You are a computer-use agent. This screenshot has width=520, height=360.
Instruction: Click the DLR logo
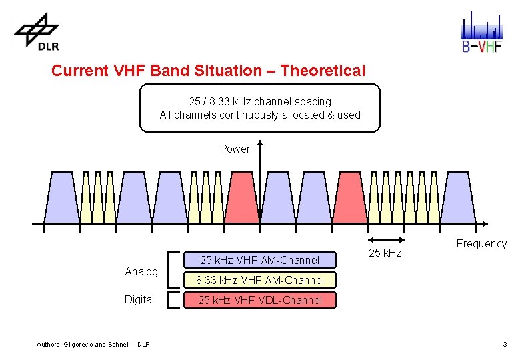[38, 30]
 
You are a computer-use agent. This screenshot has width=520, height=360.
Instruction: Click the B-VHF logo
[481, 31]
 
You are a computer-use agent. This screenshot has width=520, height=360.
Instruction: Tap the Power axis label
[235, 149]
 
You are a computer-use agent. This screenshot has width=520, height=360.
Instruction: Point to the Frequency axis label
[481, 243]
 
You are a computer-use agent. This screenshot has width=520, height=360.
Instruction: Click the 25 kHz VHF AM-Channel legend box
[260, 260]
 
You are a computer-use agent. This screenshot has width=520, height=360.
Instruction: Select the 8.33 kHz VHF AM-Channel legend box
[260, 280]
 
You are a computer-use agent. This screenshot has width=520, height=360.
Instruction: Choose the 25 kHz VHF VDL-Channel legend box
[260, 300]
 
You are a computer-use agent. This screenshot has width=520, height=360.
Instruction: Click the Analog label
[141, 271]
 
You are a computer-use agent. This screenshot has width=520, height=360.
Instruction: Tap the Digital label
[139, 299]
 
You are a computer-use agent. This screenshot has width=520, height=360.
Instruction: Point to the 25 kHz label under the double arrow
[385, 253]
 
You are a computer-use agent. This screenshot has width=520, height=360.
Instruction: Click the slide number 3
[505, 344]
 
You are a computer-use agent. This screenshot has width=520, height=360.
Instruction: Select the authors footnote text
[93, 344]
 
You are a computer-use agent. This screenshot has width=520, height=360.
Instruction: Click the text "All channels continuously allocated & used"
[260, 115]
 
